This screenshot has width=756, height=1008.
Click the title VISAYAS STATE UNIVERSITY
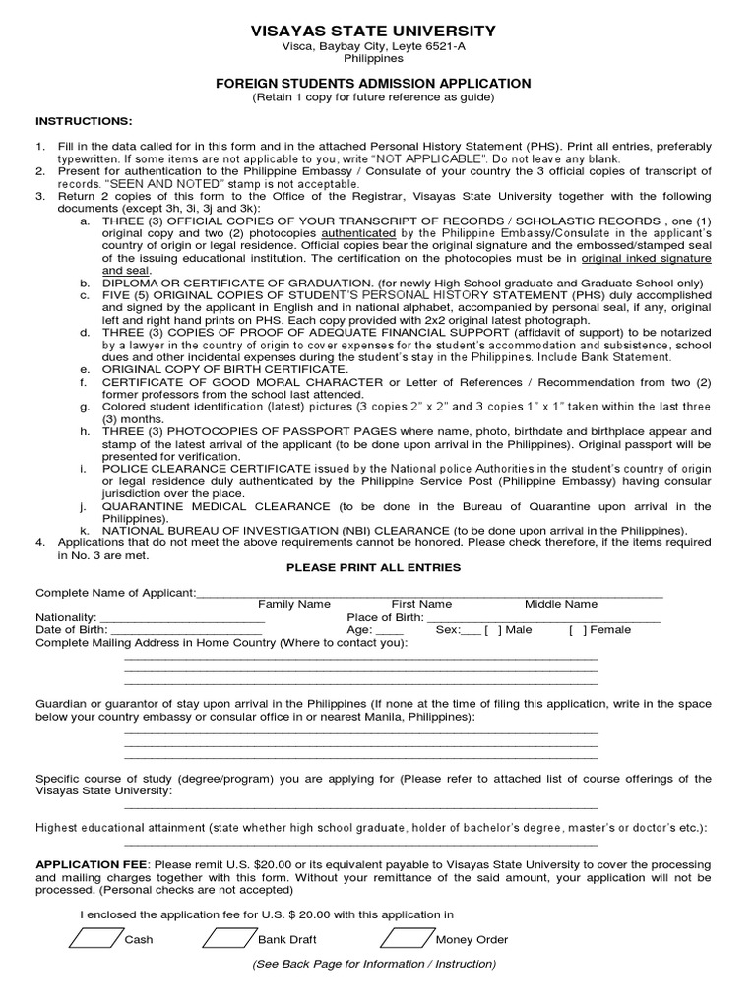click(373, 32)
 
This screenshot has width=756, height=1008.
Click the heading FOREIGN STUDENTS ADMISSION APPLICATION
click(373, 84)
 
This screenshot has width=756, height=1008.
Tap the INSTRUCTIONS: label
click(84, 121)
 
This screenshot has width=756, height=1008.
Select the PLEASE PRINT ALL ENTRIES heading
click(373, 567)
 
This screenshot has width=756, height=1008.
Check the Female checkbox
click(577, 630)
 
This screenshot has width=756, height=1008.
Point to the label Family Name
click(294, 604)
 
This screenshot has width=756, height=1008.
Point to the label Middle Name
click(560, 604)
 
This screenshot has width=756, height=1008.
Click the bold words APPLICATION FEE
click(91, 864)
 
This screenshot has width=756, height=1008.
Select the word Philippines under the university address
click(373, 59)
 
